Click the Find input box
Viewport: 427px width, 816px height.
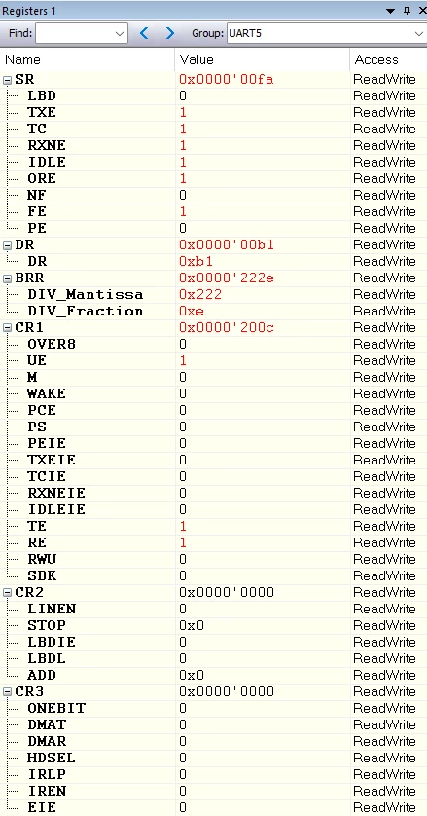(81, 34)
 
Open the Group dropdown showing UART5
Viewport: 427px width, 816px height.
(326, 34)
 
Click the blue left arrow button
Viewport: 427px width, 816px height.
(144, 34)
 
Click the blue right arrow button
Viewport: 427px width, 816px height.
(170, 34)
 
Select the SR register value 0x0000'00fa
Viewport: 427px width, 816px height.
(227, 79)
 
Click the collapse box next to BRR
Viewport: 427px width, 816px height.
(7, 278)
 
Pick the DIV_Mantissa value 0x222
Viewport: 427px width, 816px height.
(200, 294)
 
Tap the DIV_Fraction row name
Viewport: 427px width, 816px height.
(86, 312)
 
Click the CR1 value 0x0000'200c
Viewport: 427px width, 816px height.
(227, 327)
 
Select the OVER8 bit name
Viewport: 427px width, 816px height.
(52, 344)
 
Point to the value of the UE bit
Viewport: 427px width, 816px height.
(183, 360)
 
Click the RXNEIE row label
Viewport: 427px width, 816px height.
(56, 493)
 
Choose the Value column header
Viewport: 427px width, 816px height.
(196, 59)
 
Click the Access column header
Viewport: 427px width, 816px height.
(376, 59)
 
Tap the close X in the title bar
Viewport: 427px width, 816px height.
(422, 11)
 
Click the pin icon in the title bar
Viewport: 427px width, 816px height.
(407, 11)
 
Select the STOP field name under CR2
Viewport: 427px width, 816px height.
(47, 625)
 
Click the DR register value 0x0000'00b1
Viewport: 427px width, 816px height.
(227, 244)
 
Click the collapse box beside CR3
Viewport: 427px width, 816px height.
(7, 692)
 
